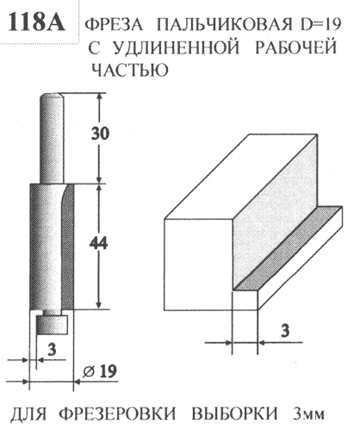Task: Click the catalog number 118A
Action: click(36, 22)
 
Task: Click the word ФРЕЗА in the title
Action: click(114, 25)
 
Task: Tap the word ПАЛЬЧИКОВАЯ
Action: click(225, 25)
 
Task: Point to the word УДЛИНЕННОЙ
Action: click(177, 48)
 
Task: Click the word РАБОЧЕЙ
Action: click(295, 47)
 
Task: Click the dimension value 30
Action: click(100, 134)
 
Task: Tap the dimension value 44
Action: click(98, 244)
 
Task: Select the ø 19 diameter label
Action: click(100, 371)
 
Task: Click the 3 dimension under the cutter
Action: click(52, 350)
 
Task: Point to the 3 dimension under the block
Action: click(284, 331)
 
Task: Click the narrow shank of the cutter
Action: click(52, 138)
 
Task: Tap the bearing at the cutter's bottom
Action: click(52, 325)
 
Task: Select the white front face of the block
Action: click(198, 265)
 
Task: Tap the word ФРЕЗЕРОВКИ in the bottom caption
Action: click(118, 414)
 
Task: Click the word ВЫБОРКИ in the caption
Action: click(234, 414)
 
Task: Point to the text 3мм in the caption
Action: click(307, 414)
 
